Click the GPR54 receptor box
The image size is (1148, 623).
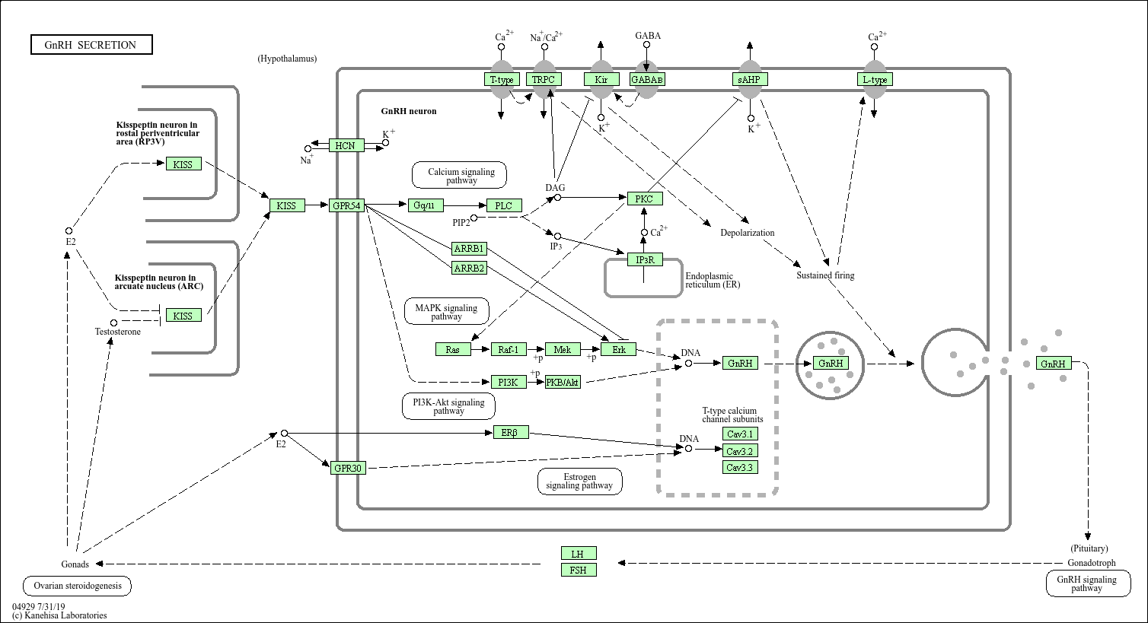pyautogui.click(x=346, y=205)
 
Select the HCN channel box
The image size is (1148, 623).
pyautogui.click(x=346, y=145)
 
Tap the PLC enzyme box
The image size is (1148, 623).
pyautogui.click(x=504, y=205)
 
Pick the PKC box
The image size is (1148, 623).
pyautogui.click(x=645, y=199)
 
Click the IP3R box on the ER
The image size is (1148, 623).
pyautogui.click(x=644, y=260)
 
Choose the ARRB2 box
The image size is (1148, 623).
pyautogui.click(x=469, y=268)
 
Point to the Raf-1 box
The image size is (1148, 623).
pyautogui.click(x=509, y=349)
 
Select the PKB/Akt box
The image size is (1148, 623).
pyautogui.click(x=563, y=382)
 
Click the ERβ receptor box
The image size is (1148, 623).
pyautogui.click(x=510, y=433)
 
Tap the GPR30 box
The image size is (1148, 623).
pyautogui.click(x=348, y=468)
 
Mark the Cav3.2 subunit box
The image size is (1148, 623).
pyautogui.click(x=739, y=450)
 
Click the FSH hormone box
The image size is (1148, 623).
pyautogui.click(x=579, y=570)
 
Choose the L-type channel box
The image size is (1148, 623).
pyautogui.click(x=874, y=79)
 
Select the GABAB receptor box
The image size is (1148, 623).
pyautogui.click(x=647, y=79)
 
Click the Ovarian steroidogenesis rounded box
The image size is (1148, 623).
pyautogui.click(x=77, y=586)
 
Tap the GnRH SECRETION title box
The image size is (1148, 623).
pyautogui.click(x=91, y=45)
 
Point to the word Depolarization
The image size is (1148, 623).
pyautogui.click(x=747, y=233)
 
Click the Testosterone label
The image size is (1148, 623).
pyautogui.click(x=118, y=332)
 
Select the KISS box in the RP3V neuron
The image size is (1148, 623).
pyautogui.click(x=183, y=164)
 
